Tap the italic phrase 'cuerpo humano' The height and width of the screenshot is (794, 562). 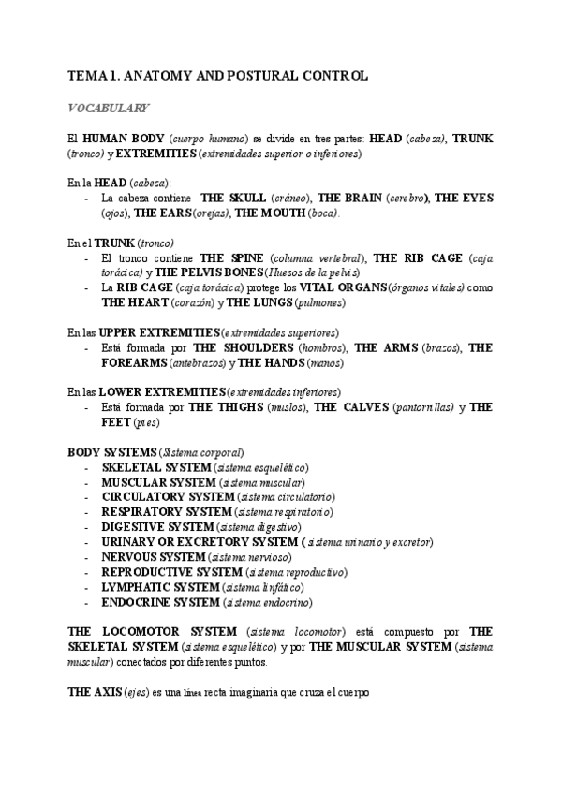point(209,139)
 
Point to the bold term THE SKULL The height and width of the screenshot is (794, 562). point(233,198)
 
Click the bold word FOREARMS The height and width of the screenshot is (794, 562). point(134,363)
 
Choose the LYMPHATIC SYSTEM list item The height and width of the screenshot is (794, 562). point(161,587)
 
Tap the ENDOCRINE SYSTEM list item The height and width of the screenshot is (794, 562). point(159,602)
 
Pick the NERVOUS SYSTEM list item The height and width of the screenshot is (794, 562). point(154,557)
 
